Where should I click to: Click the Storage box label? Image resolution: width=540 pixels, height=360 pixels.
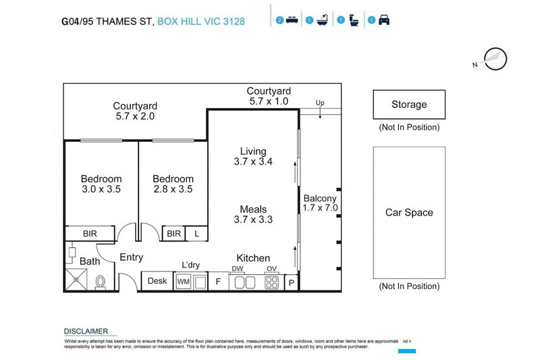(409, 105)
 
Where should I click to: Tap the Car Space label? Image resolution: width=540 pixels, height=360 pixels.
(409, 213)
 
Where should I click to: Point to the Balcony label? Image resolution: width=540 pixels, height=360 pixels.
(319, 199)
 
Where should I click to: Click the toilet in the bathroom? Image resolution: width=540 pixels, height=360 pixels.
(101, 282)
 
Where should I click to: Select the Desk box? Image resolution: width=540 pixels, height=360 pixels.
(157, 281)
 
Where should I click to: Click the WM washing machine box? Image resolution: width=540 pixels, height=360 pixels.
(183, 281)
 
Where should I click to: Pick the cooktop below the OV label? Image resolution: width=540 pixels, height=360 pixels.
(271, 282)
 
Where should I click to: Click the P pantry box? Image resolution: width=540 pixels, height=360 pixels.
(292, 282)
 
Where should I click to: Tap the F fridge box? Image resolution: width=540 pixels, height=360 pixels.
(218, 281)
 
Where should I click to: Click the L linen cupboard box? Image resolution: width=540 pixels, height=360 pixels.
(196, 233)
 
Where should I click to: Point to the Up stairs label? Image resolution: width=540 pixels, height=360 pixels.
(321, 103)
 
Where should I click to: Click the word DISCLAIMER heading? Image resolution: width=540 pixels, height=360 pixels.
(86, 331)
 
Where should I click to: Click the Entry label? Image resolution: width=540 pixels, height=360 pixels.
(132, 257)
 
